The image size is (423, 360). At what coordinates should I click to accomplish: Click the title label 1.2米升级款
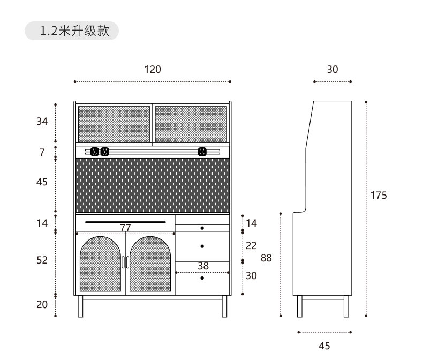[74, 31]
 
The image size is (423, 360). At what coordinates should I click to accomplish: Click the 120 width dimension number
[153, 69]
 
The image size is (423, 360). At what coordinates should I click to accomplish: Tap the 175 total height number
[379, 195]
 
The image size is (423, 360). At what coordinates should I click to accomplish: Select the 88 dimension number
[266, 258]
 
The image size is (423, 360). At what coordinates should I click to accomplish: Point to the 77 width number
[125, 228]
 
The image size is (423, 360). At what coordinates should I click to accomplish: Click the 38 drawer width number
[203, 266]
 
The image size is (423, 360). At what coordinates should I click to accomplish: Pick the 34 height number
[42, 122]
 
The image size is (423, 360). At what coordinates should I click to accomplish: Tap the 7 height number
[42, 152]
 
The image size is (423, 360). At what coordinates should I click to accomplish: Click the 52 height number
[42, 260]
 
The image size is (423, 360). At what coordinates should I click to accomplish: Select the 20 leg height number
[42, 305]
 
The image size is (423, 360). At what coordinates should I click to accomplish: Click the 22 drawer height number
[251, 245]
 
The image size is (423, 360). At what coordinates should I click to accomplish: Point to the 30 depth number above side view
[333, 69]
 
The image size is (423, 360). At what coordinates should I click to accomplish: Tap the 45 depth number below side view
[324, 346]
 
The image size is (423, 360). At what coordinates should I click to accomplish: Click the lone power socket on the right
[202, 152]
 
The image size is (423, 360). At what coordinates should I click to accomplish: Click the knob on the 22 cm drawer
[202, 246]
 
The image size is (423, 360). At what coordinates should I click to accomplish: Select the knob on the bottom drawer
[202, 278]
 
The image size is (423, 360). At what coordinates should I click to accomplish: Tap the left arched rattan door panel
[100, 264]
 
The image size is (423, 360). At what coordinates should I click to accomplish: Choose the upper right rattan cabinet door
[191, 124]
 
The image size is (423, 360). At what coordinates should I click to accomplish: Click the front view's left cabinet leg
[80, 306]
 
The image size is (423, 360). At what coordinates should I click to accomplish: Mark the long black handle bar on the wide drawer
[125, 222]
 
